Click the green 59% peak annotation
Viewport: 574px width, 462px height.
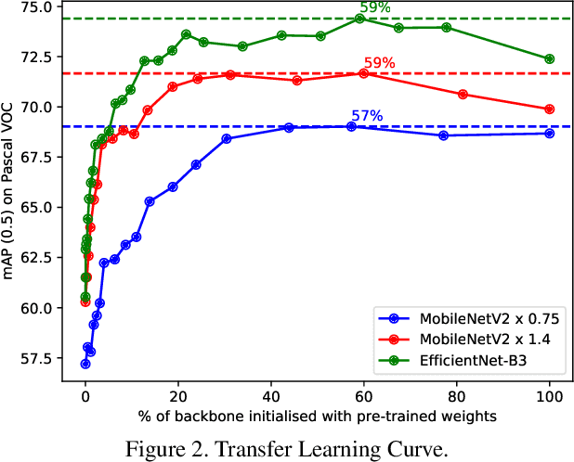pyautogui.click(x=375, y=7)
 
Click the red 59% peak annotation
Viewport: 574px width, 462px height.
pyautogui.click(x=379, y=63)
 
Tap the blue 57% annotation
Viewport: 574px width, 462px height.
pyautogui.click(x=367, y=116)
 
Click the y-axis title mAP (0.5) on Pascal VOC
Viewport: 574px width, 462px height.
pyautogui.click(x=12, y=190)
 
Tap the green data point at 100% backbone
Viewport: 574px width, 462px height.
pyautogui.click(x=549, y=58)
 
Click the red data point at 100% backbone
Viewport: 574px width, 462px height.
pyautogui.click(x=549, y=109)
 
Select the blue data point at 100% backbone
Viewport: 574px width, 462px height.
pyautogui.click(x=549, y=133)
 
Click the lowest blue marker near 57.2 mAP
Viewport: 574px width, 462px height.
pyautogui.click(x=85, y=364)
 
